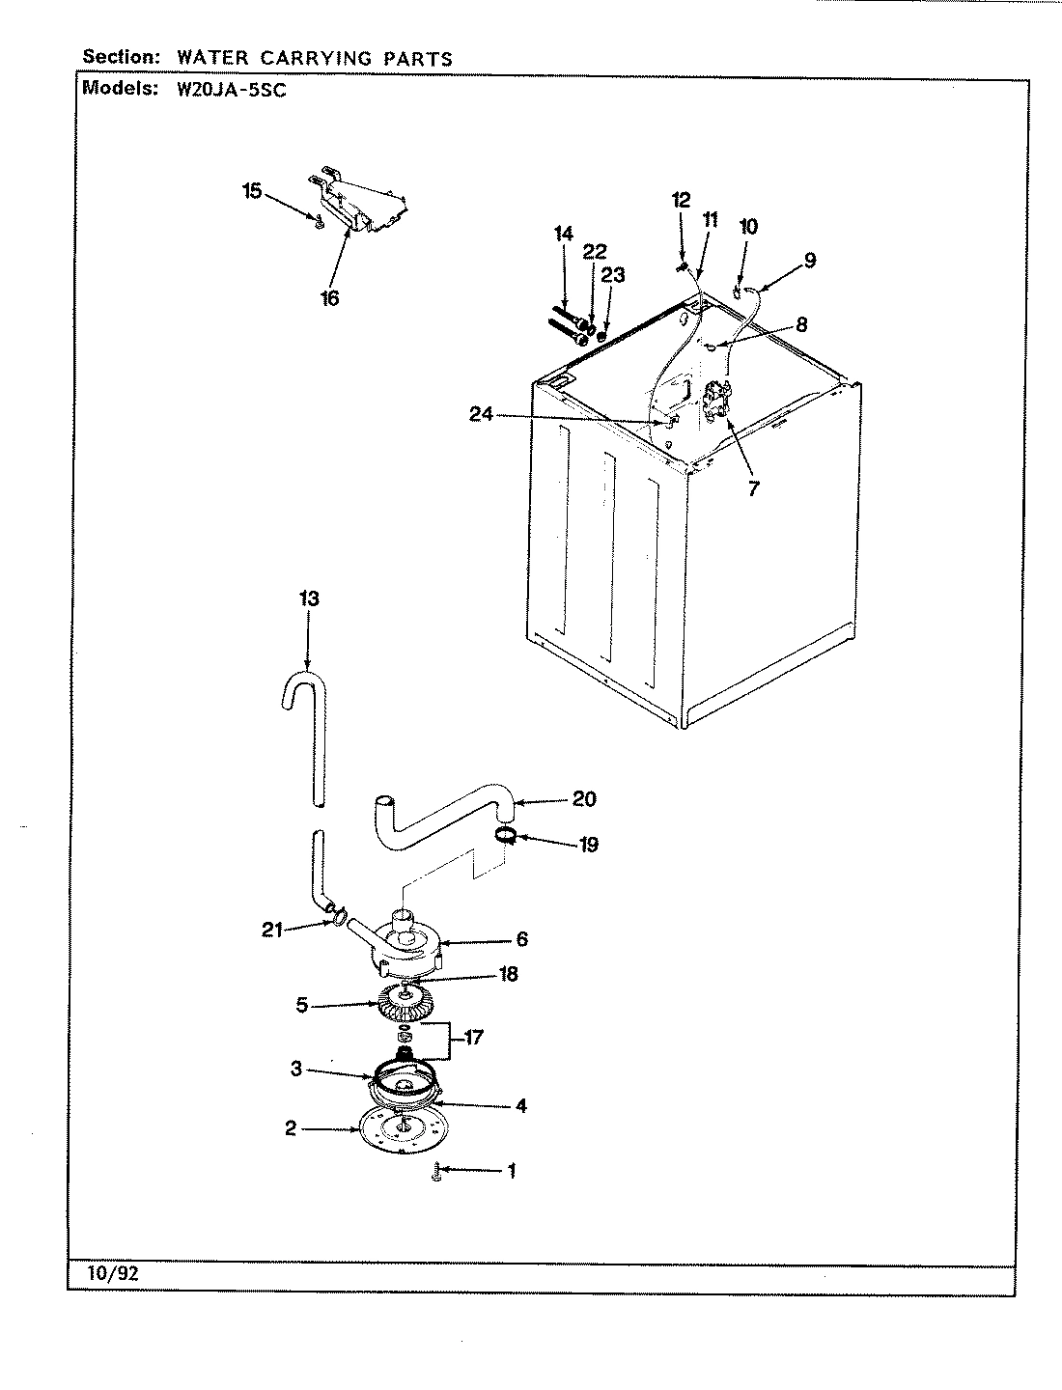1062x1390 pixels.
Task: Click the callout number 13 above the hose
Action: (x=308, y=599)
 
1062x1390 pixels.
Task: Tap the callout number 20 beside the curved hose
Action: (x=584, y=799)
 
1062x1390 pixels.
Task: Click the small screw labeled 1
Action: (x=436, y=1173)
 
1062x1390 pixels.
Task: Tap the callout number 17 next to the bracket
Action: (x=472, y=1039)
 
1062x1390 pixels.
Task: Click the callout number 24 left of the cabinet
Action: (x=482, y=414)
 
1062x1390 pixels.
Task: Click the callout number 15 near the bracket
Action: (x=252, y=191)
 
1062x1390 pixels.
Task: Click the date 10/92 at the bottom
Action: (x=117, y=1273)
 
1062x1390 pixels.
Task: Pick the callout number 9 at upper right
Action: (x=809, y=260)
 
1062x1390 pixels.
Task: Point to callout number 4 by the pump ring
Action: (x=520, y=1107)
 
